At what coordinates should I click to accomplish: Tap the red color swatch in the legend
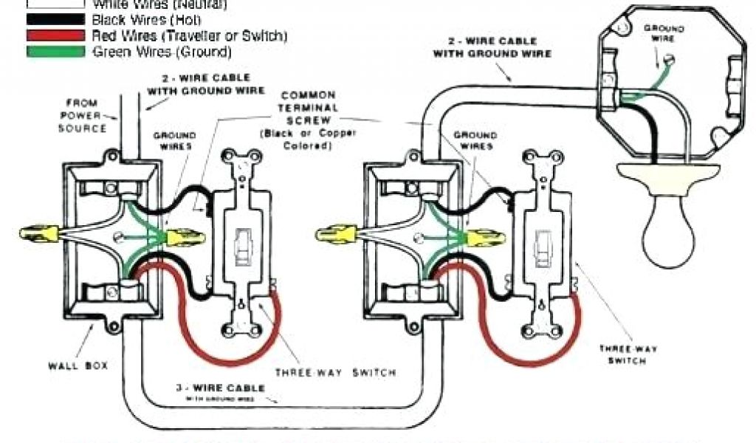pos(55,35)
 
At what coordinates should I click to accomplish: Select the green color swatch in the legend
pos(55,51)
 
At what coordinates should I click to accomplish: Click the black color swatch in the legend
pos(55,20)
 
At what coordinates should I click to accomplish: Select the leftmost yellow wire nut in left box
pos(37,235)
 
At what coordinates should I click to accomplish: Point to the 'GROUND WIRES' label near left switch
pos(174,141)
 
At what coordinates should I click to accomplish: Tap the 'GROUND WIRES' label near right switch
pos(474,140)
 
